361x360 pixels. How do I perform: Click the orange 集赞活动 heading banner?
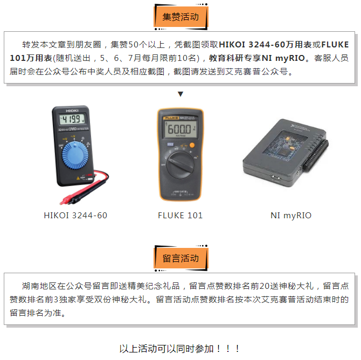[x=180, y=17]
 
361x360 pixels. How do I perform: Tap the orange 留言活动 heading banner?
[x=180, y=258]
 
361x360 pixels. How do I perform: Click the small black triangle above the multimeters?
[x=180, y=94]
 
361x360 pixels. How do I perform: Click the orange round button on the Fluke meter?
[x=191, y=146]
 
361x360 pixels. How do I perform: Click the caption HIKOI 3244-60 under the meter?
[x=75, y=216]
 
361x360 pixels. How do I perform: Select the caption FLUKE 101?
[x=180, y=216]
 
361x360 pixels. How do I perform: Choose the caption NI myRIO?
[x=291, y=216]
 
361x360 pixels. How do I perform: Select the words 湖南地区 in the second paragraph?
[x=38, y=286]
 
